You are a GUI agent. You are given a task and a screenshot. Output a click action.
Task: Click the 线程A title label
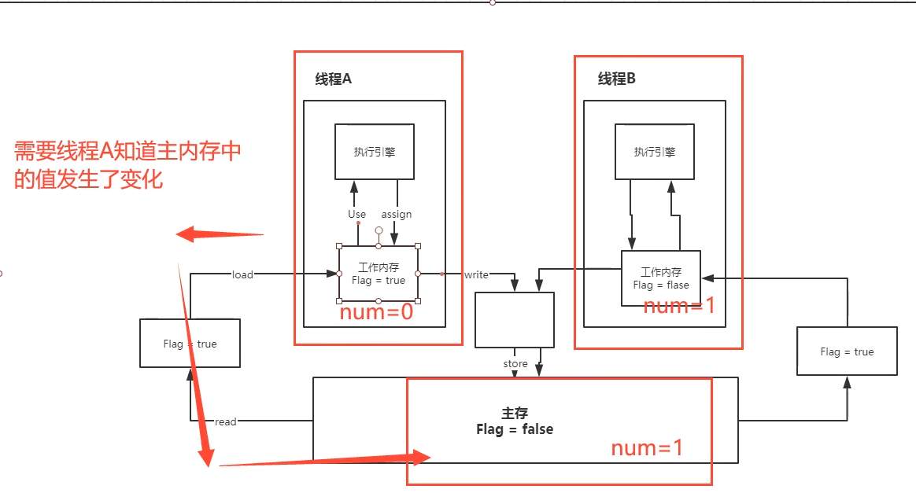333,79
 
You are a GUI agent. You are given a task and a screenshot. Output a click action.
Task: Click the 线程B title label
616,79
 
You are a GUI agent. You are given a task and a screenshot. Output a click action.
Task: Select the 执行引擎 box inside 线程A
375,152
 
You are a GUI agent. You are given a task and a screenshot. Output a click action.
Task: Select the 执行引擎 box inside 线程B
654,152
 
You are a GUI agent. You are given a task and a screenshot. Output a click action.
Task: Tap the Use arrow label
356,214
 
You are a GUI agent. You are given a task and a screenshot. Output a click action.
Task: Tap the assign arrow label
397,214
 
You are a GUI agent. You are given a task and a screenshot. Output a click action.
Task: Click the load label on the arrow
242,274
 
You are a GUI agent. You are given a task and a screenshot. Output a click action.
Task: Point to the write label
476,274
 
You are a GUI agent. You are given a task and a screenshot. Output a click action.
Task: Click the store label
515,364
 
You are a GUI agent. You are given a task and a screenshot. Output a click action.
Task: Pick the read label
225,422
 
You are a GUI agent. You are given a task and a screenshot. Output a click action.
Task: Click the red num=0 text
376,312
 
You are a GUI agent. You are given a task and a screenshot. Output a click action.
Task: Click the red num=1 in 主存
647,448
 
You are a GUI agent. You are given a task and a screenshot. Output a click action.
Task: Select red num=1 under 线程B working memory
679,306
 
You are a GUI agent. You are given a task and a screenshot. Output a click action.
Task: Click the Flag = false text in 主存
515,429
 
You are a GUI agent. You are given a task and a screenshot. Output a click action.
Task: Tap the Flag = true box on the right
847,351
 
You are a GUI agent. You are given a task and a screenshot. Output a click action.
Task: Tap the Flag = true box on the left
190,344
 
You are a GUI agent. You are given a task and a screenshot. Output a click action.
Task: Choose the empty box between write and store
515,320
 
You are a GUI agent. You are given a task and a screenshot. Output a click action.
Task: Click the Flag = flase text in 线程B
661,285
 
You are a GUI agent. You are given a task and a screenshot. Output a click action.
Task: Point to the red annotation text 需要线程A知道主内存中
127,152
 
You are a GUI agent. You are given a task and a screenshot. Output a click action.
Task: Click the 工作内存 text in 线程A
378,268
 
